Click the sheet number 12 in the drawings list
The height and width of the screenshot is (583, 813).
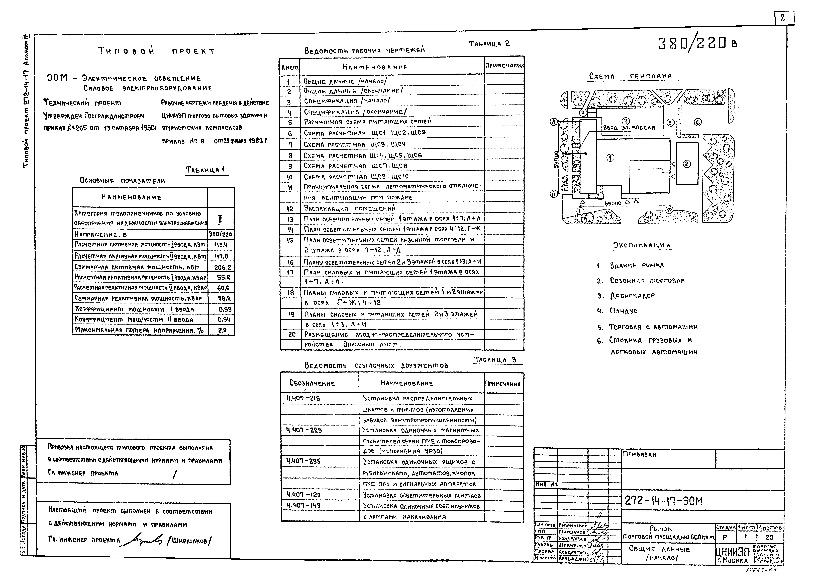pyautogui.click(x=290, y=209)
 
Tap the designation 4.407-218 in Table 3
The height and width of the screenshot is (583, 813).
pyautogui.click(x=303, y=398)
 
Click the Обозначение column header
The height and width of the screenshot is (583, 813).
pyautogui.click(x=312, y=383)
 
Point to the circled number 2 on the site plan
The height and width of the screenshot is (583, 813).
pyautogui.click(x=686, y=164)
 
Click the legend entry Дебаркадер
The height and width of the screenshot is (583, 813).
pyautogui.click(x=632, y=296)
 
